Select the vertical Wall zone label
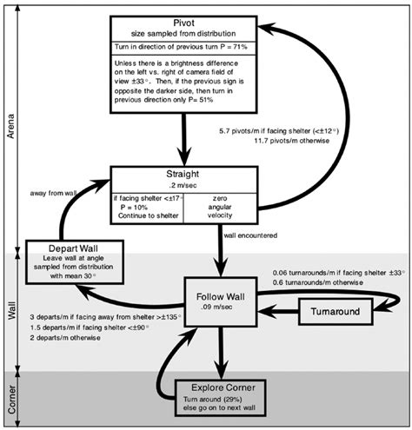10,309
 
